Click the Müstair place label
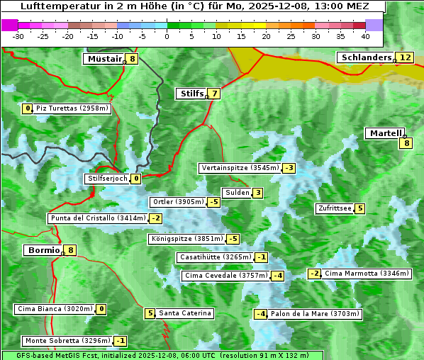[x=104, y=59]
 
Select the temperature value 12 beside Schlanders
[x=405, y=57]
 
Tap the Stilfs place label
[x=191, y=93]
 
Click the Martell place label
[x=384, y=133]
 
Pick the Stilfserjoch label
[x=107, y=179]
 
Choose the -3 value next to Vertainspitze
[x=289, y=168]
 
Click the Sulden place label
[x=237, y=193]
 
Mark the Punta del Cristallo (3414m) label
[x=98, y=218]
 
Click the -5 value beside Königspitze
[x=233, y=239]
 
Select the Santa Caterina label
[x=184, y=313]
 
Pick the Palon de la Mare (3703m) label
[x=316, y=314]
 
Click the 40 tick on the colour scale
[x=365, y=35]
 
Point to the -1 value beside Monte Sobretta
[x=121, y=341]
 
